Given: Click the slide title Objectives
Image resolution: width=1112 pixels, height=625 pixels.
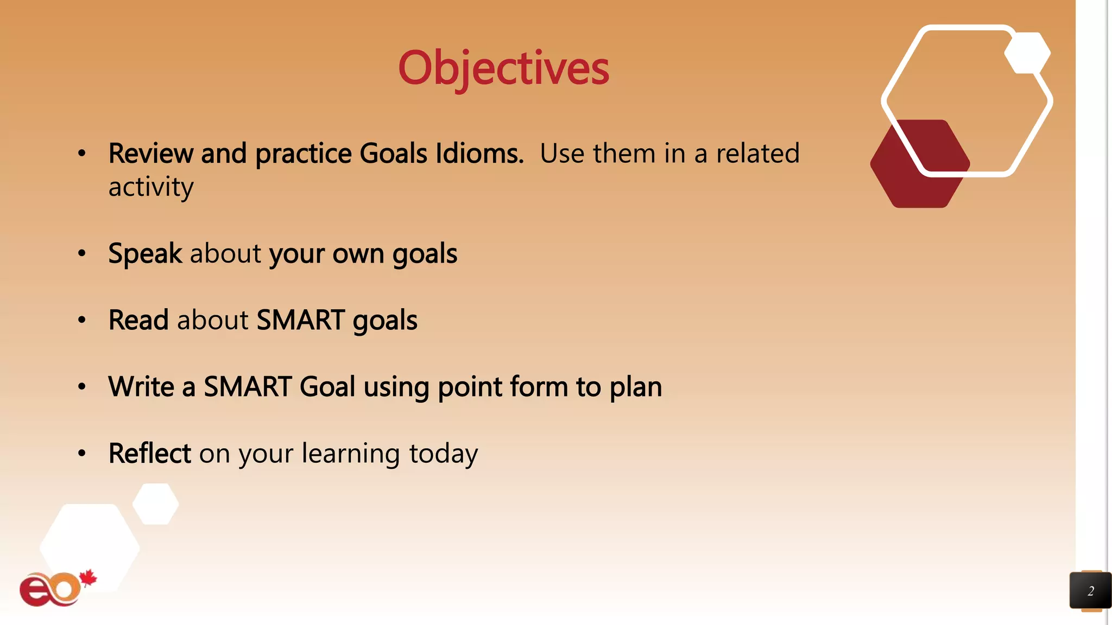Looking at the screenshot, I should [x=503, y=68].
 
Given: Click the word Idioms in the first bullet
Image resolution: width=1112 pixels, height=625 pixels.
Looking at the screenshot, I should [x=479, y=154].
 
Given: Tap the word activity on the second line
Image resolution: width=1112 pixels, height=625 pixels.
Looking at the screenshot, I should [x=151, y=188].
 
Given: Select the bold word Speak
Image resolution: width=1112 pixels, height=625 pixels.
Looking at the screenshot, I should [x=145, y=254].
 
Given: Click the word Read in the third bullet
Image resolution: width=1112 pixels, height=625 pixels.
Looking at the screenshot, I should [x=138, y=320].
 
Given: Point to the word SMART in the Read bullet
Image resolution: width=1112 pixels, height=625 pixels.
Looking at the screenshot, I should [x=300, y=320].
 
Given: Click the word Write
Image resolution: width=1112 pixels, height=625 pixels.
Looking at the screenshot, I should [x=141, y=387].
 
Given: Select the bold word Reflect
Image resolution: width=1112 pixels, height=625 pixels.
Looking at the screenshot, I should [x=149, y=454].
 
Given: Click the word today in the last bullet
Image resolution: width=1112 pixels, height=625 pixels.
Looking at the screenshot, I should [x=443, y=454].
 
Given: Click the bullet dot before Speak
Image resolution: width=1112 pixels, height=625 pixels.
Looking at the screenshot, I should [x=82, y=253].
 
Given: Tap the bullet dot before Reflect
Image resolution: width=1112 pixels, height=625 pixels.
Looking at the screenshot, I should [x=82, y=453].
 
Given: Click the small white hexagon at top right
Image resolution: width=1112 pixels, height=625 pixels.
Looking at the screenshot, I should [x=1027, y=53].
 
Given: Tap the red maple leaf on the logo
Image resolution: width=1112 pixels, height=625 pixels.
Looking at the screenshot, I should [x=88, y=579].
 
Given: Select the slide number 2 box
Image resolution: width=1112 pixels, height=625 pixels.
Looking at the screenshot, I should [x=1090, y=591].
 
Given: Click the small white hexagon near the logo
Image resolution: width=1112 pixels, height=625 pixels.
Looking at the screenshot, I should [x=156, y=504].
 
